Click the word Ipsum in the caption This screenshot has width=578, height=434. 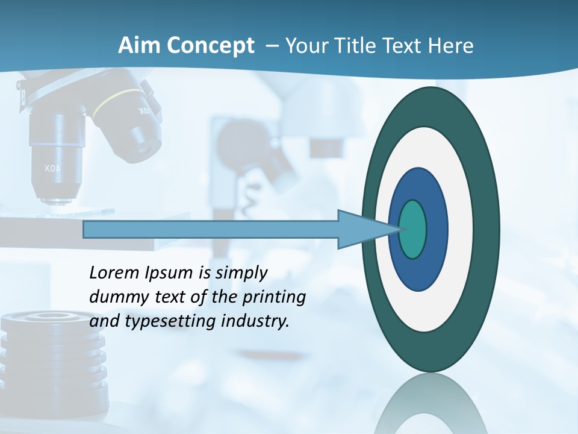[x=169, y=273]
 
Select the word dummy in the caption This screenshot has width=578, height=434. [x=118, y=297]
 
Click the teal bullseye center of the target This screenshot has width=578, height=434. [x=413, y=229]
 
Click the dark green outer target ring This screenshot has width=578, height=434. [x=488, y=229]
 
